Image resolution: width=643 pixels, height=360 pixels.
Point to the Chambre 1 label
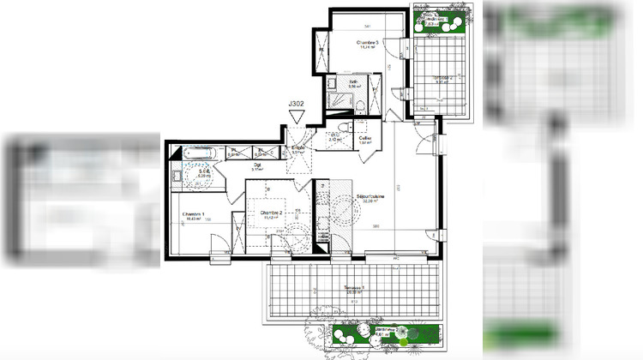tap(194, 214)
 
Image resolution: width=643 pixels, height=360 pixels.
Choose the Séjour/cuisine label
tap(370, 198)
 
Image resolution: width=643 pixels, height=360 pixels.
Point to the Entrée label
tap(297, 148)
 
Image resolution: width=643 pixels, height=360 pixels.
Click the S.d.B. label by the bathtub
tap(204, 171)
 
